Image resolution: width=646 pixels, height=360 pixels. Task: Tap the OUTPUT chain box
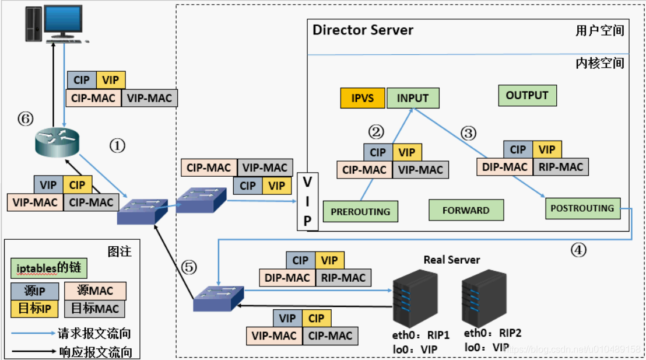click(527, 96)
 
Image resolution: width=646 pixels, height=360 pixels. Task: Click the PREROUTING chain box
click(360, 212)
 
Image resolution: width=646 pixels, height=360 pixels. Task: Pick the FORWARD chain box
click(466, 211)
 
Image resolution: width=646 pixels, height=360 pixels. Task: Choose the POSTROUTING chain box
click(582, 208)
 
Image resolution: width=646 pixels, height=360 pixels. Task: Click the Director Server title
click(363, 30)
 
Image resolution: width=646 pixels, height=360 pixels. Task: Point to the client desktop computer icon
click(56, 24)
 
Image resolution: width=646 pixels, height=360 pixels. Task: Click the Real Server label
click(452, 260)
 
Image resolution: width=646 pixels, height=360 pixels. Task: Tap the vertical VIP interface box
click(307, 202)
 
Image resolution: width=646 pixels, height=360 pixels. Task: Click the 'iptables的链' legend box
click(48, 268)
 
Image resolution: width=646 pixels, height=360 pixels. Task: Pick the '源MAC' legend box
click(95, 291)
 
